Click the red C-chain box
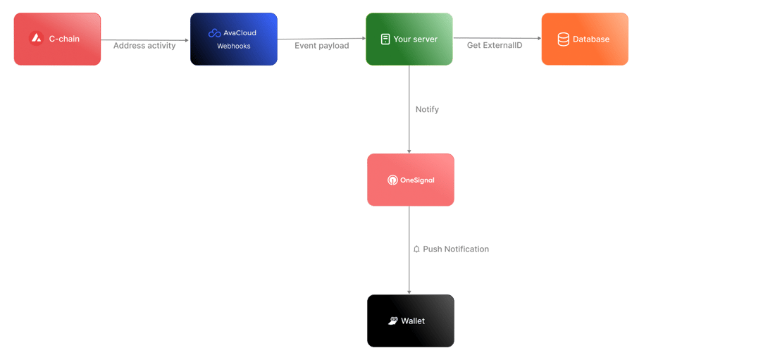(x=57, y=39)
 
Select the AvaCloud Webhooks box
(x=234, y=39)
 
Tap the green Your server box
(x=409, y=39)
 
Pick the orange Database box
(x=585, y=39)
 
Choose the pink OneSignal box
(x=411, y=180)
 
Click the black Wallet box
(x=411, y=321)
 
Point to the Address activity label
(x=144, y=46)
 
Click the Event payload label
(x=322, y=46)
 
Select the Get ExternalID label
(x=495, y=46)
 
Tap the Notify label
(x=427, y=109)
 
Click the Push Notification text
(x=456, y=249)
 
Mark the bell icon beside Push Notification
(x=416, y=249)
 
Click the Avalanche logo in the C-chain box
(x=36, y=39)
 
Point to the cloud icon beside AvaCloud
(x=214, y=33)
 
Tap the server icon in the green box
(x=385, y=39)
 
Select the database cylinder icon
(x=564, y=39)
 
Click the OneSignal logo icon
(x=392, y=180)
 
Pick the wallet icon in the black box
(x=393, y=321)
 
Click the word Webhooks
(x=234, y=46)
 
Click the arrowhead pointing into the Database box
(x=539, y=38)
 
